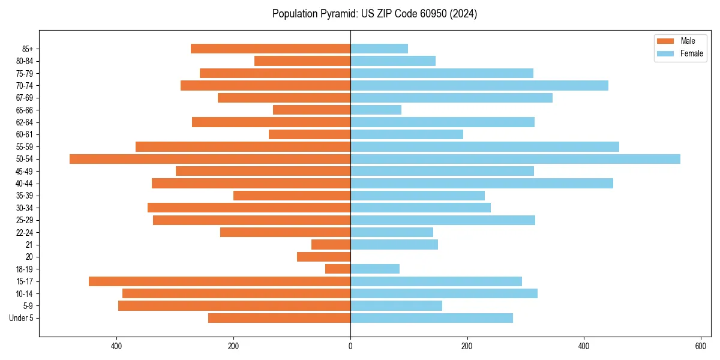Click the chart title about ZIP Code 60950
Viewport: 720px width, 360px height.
374,14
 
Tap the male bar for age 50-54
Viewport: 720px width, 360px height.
210,159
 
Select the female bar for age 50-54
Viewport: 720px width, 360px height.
515,159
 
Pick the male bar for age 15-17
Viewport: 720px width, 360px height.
220,281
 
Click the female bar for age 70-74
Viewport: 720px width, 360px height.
479,86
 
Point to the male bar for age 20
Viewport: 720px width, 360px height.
323,257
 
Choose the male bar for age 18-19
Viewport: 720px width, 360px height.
338,269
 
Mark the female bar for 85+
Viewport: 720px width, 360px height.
379,49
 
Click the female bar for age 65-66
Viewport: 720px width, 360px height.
376,110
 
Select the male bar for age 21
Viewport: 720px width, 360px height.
331,245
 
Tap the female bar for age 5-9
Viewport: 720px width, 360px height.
396,306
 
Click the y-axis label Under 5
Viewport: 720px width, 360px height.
21,318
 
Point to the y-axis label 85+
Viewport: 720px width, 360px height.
28,49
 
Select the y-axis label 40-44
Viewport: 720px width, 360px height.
25,184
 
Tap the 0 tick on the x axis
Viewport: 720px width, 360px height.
350,346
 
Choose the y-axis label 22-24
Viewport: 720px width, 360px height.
25,232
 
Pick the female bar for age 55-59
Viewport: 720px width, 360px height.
485,147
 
